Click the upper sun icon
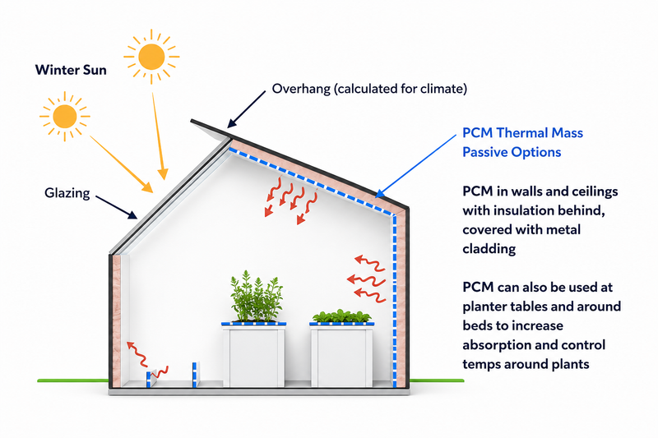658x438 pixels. tap(151, 57)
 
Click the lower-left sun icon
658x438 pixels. tap(65, 116)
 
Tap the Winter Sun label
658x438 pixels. tap(71, 70)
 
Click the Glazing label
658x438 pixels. tap(67, 193)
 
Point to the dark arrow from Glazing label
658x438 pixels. tap(116, 207)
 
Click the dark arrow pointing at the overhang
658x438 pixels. tap(246, 109)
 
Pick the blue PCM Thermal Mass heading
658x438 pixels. tap(522, 142)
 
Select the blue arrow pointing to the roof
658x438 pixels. tap(415, 166)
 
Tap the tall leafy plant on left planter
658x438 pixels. tap(256, 297)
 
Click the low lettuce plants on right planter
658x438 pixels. tap(342, 316)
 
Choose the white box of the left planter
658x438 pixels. tap(254, 357)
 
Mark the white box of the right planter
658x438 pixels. tap(341, 357)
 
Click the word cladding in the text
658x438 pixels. tap(489, 249)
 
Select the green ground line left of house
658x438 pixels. tap(73, 380)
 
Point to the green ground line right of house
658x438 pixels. tap(437, 380)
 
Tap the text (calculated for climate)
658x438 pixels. tap(401, 89)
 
